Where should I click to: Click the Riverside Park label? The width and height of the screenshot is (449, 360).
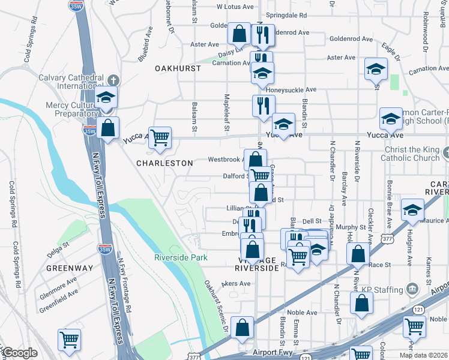click(181, 257)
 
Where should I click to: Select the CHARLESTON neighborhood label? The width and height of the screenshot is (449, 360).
click(164, 163)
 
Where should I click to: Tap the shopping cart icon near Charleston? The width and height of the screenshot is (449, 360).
click(160, 138)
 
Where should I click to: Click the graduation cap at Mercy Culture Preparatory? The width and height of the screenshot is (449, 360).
click(106, 97)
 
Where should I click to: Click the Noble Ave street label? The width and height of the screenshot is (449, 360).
click(302, 313)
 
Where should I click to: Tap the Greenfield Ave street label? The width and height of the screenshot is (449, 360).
click(59, 295)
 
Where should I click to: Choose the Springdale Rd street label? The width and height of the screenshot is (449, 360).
click(286, 14)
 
